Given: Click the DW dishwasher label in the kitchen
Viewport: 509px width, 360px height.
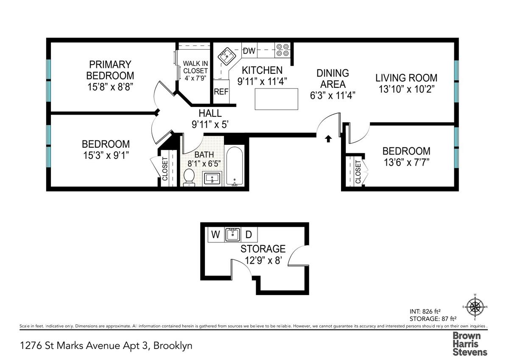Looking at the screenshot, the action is coord(249,51).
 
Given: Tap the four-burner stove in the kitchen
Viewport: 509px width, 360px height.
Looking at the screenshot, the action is coord(282,50).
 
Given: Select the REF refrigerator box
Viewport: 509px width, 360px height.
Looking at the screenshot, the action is coord(221,91).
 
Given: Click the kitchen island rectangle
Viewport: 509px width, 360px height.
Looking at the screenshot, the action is coord(276,99).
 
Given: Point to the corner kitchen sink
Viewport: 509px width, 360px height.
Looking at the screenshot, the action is coord(227,56).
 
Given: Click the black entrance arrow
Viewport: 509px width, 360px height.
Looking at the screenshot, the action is coord(328,139).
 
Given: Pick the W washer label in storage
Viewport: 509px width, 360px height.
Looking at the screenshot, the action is coord(215,234).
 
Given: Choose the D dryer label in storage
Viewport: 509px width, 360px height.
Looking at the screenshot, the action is coord(249,234).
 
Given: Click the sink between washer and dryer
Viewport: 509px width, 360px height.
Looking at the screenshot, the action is coord(232,234).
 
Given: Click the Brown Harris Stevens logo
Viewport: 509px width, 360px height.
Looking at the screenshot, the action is coord(470,343).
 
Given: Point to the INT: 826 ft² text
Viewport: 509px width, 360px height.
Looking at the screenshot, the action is coord(425,311).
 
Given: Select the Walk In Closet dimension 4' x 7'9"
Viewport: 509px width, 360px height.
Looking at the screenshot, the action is coord(196,78).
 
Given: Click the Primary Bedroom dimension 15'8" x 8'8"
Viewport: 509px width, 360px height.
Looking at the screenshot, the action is coord(110,87).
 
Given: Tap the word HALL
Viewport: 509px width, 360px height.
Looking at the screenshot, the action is coord(210,113).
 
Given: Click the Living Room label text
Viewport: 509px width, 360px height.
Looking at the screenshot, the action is coord(406,78).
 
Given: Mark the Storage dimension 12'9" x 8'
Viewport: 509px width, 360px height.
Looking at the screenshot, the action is coord(263,260).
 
